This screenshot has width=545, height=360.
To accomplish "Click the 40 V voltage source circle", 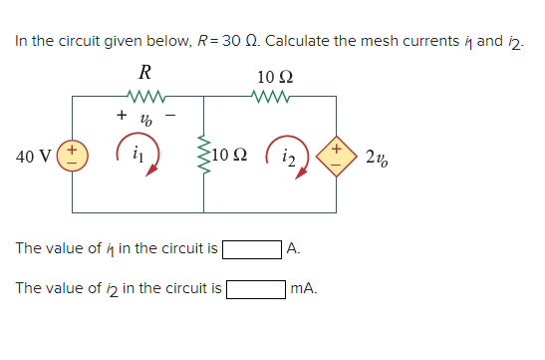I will tap(77, 158).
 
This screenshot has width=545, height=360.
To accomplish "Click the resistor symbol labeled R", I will tap(145, 98).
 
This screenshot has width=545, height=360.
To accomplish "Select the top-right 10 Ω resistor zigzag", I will tap(270, 98).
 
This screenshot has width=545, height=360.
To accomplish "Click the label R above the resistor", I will tap(145, 72).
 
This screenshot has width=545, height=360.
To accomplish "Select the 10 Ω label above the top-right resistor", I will tap(273, 76).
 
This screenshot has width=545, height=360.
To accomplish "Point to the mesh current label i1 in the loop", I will tap(138, 155).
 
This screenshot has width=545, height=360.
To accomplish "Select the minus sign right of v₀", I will tap(169, 118).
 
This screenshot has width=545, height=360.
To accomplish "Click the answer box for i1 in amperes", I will tap(252, 248).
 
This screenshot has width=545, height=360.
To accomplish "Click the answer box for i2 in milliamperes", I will tap(256, 289).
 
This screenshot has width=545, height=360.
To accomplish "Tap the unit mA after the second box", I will tap(303, 289).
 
